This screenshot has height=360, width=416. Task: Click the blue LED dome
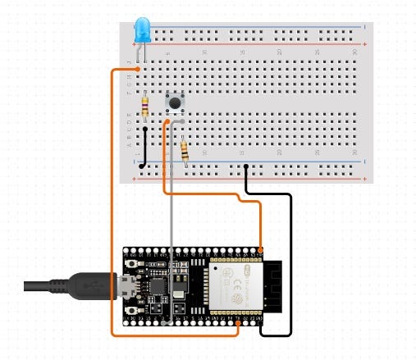pos(142,30)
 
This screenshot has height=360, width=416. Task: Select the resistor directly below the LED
pos(145,106)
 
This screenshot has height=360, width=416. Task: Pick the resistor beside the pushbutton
pos(185,151)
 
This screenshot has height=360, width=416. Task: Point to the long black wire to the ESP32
pos(290,262)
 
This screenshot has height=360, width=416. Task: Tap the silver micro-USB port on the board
pos(126,286)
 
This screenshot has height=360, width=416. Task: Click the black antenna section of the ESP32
pos(272,287)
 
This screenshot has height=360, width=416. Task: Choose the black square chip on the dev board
pos(155,285)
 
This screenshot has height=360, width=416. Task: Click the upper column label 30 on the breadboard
pos(355,52)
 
